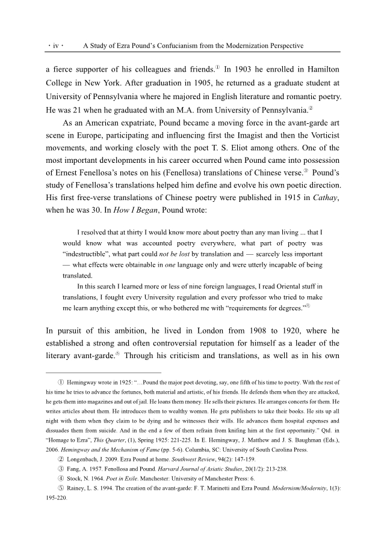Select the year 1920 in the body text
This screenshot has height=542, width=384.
tap(282, 330)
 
